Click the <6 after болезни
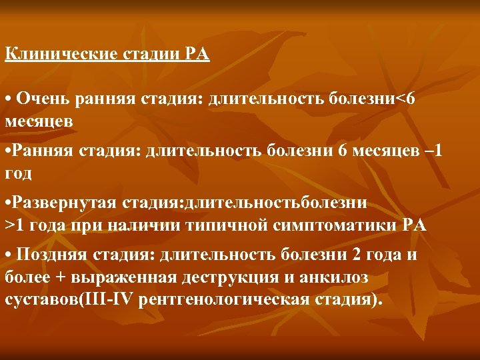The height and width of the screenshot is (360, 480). click(407, 100)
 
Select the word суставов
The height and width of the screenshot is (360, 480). click(40, 299)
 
